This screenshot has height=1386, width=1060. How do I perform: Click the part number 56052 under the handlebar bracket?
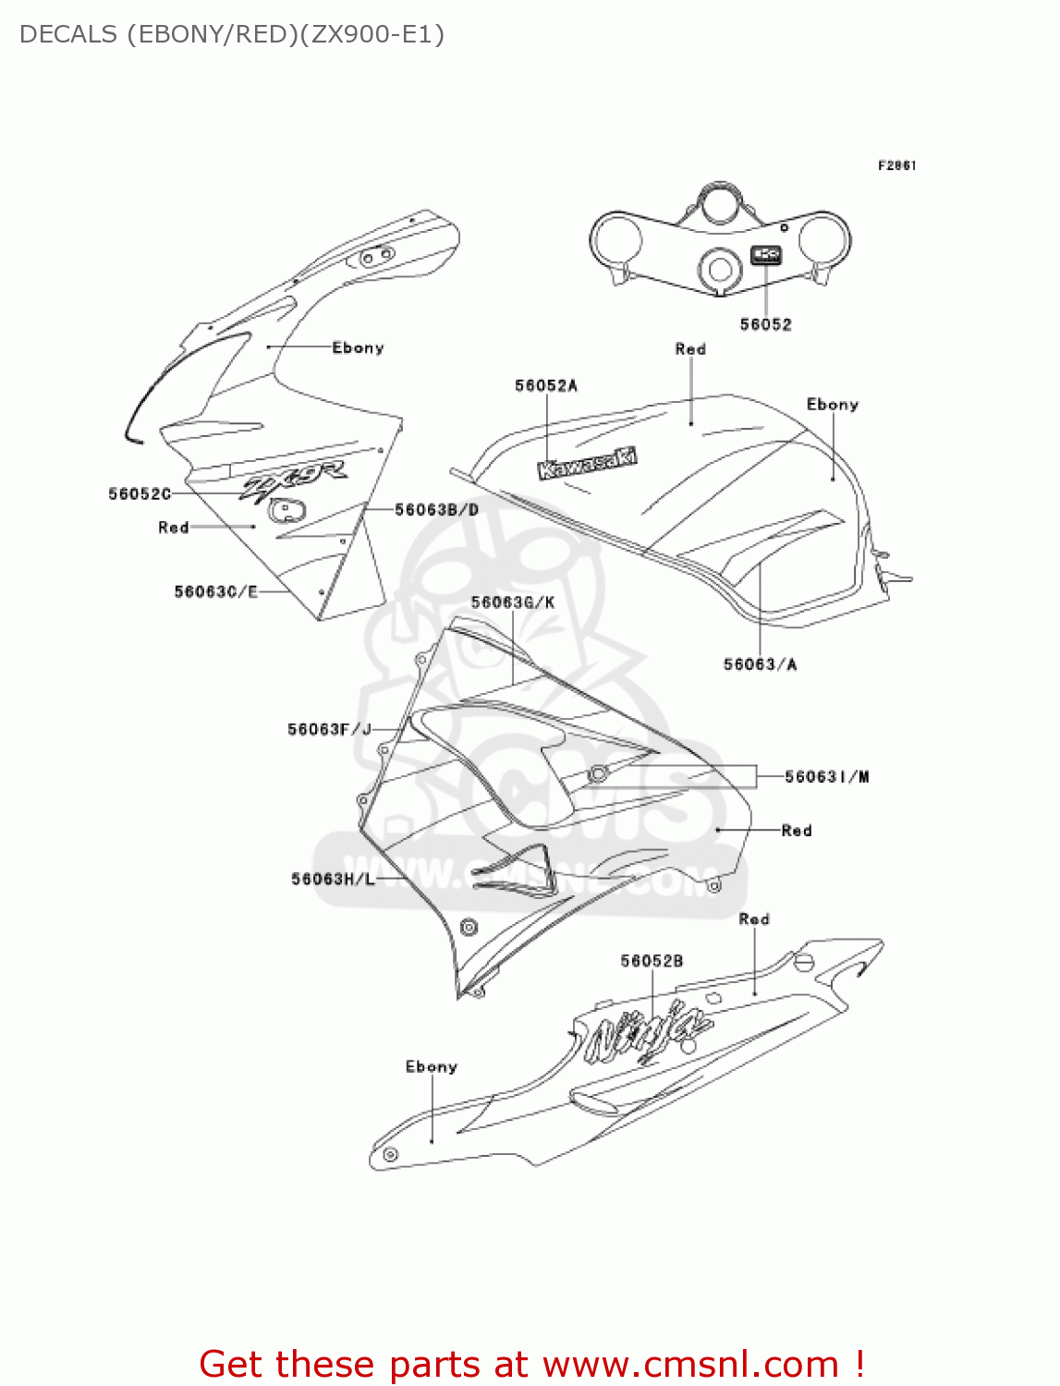pos(765,324)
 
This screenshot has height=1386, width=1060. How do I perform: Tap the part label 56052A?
pos(545,385)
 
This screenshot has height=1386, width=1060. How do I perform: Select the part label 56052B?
pos(652,961)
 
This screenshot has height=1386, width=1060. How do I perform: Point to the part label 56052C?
pos(140,494)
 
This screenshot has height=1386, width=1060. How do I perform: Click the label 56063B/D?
pos(436,509)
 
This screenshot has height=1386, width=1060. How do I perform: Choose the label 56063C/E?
pos(215,591)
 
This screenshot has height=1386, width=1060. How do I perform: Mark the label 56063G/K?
pos(512,602)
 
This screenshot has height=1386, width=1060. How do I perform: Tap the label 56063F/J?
pos(329,730)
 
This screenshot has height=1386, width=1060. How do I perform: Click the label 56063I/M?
pos(826,777)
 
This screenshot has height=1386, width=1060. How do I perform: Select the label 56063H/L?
pos(333,879)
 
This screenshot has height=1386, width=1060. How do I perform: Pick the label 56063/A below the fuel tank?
pos(760,664)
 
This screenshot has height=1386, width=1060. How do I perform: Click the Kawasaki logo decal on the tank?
pos(588,463)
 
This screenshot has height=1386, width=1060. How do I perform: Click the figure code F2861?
pos(896,165)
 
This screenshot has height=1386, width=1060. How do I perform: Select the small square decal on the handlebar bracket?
pos(766,255)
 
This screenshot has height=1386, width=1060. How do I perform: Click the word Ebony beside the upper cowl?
pos(358,347)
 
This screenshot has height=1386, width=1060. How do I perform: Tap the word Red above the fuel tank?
pos(690,349)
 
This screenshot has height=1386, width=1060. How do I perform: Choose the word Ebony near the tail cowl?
pos(431,1066)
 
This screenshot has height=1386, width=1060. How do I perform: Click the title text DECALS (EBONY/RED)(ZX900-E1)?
pos(232,34)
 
